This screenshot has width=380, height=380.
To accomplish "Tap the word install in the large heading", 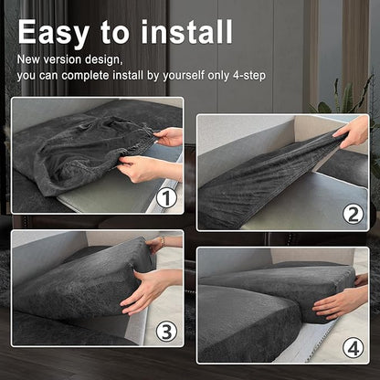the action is (186, 32).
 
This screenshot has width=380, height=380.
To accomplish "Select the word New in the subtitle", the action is (28, 59).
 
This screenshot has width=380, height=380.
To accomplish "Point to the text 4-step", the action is (249, 75).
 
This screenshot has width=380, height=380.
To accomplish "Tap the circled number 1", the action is (166, 198).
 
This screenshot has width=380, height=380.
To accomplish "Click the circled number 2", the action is (354, 215).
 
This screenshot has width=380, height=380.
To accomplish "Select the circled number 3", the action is (166, 331).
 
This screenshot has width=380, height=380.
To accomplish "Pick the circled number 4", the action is (354, 347).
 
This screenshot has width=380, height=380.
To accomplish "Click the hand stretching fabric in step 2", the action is (352, 132).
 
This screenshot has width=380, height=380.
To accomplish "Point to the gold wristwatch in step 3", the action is (163, 242).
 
